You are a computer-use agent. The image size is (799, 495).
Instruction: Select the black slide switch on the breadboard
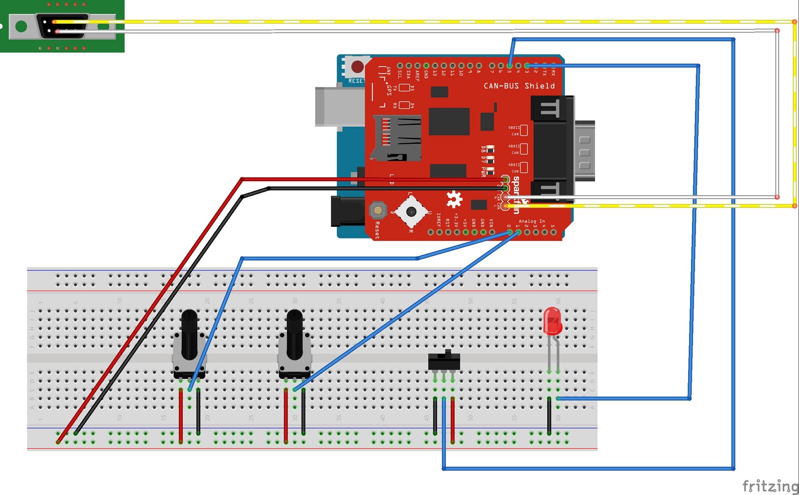pyautogui.click(x=444, y=361)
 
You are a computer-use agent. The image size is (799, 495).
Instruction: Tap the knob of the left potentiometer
pyautogui.click(x=189, y=333)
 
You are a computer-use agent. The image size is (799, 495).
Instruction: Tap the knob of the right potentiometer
pyautogui.click(x=295, y=333)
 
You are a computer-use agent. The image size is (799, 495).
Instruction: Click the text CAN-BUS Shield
pyautogui.click(x=519, y=86)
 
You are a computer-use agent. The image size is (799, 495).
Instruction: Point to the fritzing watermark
pyautogui.click(x=770, y=486)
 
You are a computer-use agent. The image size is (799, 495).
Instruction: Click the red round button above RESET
pyautogui.click(x=358, y=66)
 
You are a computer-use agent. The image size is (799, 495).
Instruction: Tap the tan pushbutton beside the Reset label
pyautogui.click(x=378, y=210)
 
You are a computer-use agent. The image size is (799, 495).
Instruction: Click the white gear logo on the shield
pyautogui.click(x=454, y=199)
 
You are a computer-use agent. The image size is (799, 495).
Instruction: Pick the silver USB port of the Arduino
pyautogui.click(x=340, y=106)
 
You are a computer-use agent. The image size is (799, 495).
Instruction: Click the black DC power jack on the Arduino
pyautogui.click(x=348, y=212)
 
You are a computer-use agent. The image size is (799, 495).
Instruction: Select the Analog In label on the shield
pyautogui.click(x=532, y=221)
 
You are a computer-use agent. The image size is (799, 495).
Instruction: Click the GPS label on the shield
pyautogui.click(x=389, y=88)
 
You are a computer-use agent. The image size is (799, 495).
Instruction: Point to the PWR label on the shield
pyautogui.click(x=483, y=171)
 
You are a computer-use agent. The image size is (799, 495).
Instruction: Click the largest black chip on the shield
pyautogui.click(x=449, y=121)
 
